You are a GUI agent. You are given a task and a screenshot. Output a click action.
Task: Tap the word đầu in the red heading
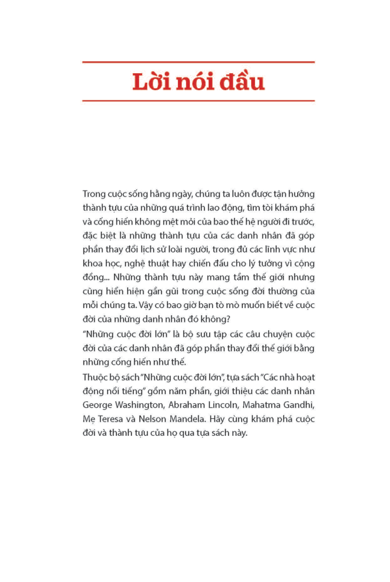coord(240,83)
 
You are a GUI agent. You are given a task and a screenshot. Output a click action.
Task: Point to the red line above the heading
coord(198,62)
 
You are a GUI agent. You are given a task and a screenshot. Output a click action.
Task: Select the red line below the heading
coord(198,101)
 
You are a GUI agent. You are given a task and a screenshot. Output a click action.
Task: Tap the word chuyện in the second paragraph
coord(288,335)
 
